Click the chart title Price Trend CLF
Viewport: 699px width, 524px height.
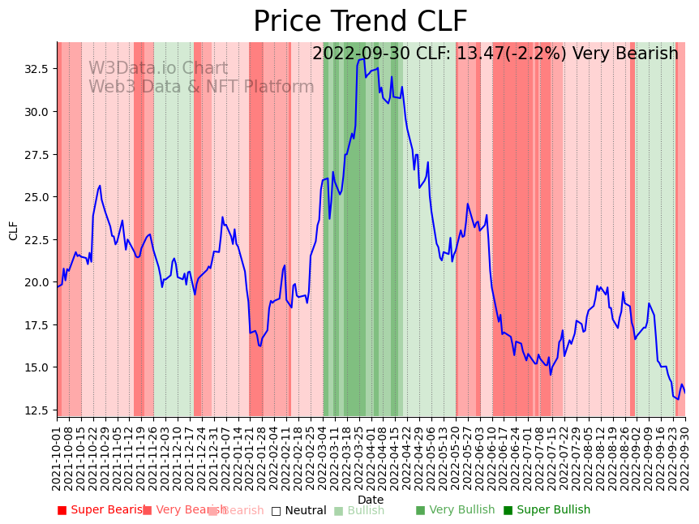tap(360, 22)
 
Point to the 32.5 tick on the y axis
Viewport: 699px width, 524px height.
tap(37, 69)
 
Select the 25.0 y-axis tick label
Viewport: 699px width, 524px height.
tap(37, 197)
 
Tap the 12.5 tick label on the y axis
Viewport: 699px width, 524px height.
tap(37, 410)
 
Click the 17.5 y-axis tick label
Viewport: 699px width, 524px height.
tap(37, 325)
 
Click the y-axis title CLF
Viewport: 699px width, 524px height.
tap(14, 230)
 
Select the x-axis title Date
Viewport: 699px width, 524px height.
tap(371, 500)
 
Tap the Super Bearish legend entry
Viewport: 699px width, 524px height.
tap(102, 510)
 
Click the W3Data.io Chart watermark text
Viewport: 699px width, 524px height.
tap(158, 69)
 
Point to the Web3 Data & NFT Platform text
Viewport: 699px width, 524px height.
tap(201, 88)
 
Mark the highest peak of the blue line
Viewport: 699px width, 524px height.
tap(362, 58)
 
